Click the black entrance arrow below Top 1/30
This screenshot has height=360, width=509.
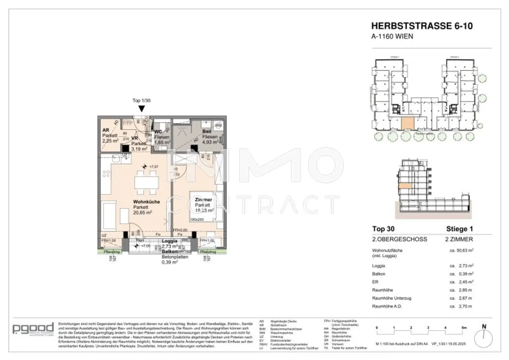[141, 109]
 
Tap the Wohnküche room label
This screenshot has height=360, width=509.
[146, 202]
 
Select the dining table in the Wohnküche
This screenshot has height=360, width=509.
[146, 182]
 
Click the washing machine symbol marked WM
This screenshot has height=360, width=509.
[218, 126]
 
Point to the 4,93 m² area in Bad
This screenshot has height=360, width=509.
[210, 142]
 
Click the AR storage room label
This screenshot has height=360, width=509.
[106, 130]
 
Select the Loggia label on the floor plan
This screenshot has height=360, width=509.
[169, 241]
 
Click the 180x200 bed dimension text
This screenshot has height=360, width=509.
[197, 219]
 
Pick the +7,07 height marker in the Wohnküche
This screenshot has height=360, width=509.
[153, 167]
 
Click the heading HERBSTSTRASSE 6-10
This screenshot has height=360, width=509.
[422, 26]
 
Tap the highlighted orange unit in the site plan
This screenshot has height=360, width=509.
[408, 123]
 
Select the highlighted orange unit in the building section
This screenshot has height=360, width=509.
[405, 186]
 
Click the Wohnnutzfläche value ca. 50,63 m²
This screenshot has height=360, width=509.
[461, 251]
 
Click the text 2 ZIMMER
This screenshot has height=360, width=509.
[459, 239]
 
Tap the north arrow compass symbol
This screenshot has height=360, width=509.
[483, 336]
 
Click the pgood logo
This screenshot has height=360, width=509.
[33, 329]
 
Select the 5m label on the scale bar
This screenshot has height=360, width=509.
[464, 328]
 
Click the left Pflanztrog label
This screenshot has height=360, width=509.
[111, 252]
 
